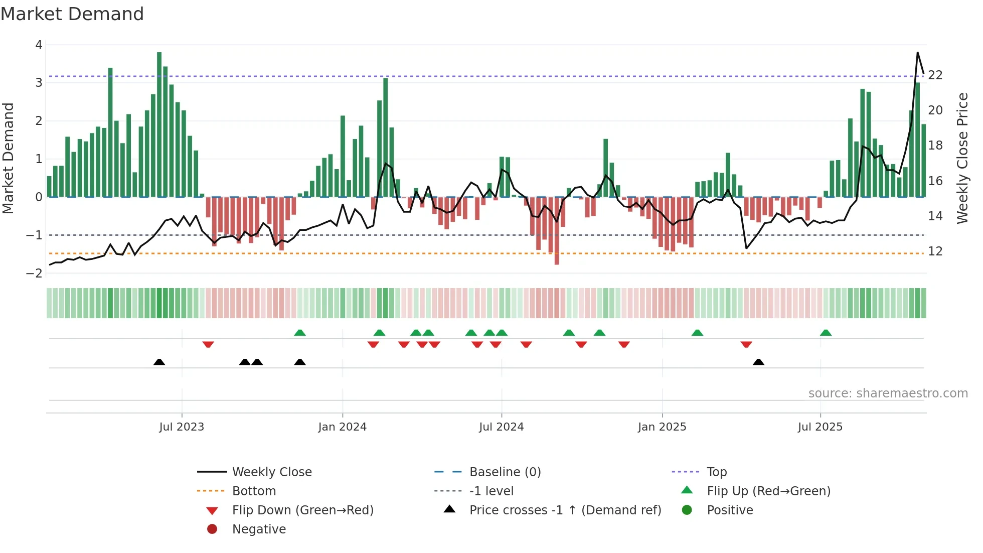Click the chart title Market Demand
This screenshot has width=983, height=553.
72,14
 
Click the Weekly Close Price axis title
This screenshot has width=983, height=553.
962,158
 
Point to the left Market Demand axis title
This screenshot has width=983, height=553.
8,158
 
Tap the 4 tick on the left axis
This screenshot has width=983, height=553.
39,45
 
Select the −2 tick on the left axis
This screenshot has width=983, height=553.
35,273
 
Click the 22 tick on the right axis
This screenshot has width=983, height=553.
935,75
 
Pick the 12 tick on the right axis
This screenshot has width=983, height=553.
935,251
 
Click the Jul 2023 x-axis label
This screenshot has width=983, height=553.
182,427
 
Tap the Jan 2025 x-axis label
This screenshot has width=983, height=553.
662,427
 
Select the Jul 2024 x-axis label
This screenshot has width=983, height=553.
501,427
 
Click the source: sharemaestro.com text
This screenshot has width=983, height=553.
888,393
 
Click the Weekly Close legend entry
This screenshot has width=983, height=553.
271,472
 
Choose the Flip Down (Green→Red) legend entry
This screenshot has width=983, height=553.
302,510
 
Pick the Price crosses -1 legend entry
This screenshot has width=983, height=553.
565,510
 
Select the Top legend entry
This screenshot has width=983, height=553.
716,472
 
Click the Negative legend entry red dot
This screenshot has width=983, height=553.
212,529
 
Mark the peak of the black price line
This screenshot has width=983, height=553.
917,53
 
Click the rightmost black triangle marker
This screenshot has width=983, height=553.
758,362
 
